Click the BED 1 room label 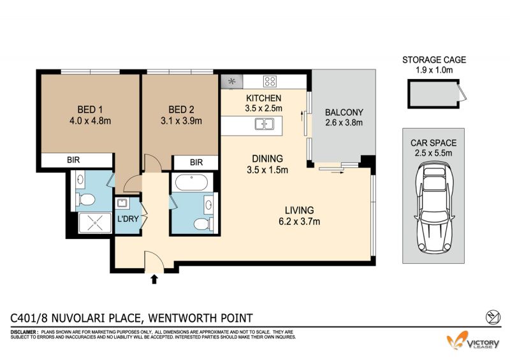[x=90, y=110]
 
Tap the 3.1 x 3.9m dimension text [x=181, y=121]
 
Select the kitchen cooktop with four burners [x=270, y=82]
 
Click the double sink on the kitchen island [x=264, y=124]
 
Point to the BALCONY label [x=344, y=113]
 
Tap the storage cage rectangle [x=433, y=94]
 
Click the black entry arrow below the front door [x=154, y=279]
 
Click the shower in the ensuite [x=94, y=223]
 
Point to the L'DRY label [x=128, y=219]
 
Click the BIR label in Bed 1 [x=73, y=160]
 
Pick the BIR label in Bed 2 [x=196, y=162]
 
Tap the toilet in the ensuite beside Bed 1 [x=85, y=199]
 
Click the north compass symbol [x=492, y=317]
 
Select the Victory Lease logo [x=473, y=341]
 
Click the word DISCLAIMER [x=24, y=332]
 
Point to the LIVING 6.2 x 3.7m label [x=299, y=215]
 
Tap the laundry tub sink [x=122, y=204]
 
